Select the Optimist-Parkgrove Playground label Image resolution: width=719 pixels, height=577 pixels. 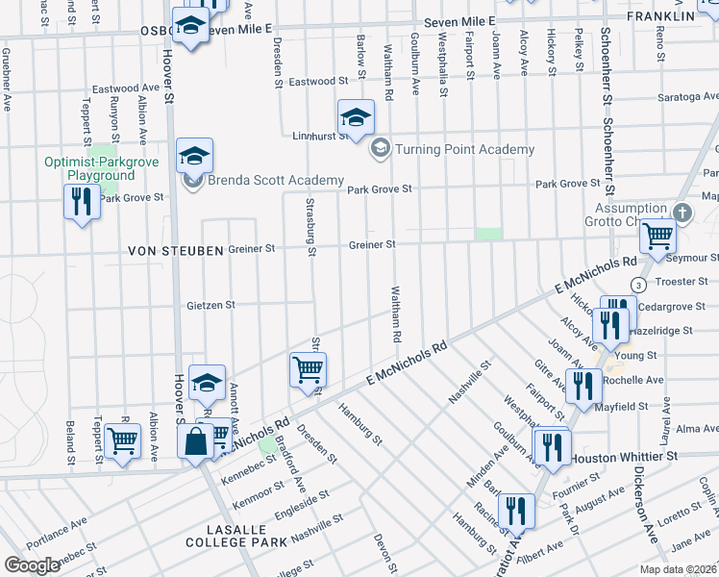pyautogui.click(x=88, y=168)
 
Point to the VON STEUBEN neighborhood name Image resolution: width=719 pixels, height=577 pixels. pyautogui.click(x=176, y=250)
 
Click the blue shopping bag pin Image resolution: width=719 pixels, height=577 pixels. pyautogui.click(x=195, y=443)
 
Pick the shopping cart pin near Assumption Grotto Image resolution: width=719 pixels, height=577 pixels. pyautogui.click(x=657, y=235)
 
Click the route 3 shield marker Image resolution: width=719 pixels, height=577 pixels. pyautogui.click(x=637, y=285)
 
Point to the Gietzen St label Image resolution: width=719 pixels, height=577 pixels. pyautogui.click(x=210, y=305)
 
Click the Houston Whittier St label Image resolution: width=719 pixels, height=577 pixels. pyautogui.click(x=626, y=456)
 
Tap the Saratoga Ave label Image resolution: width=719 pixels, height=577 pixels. pyautogui.click(x=687, y=97)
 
